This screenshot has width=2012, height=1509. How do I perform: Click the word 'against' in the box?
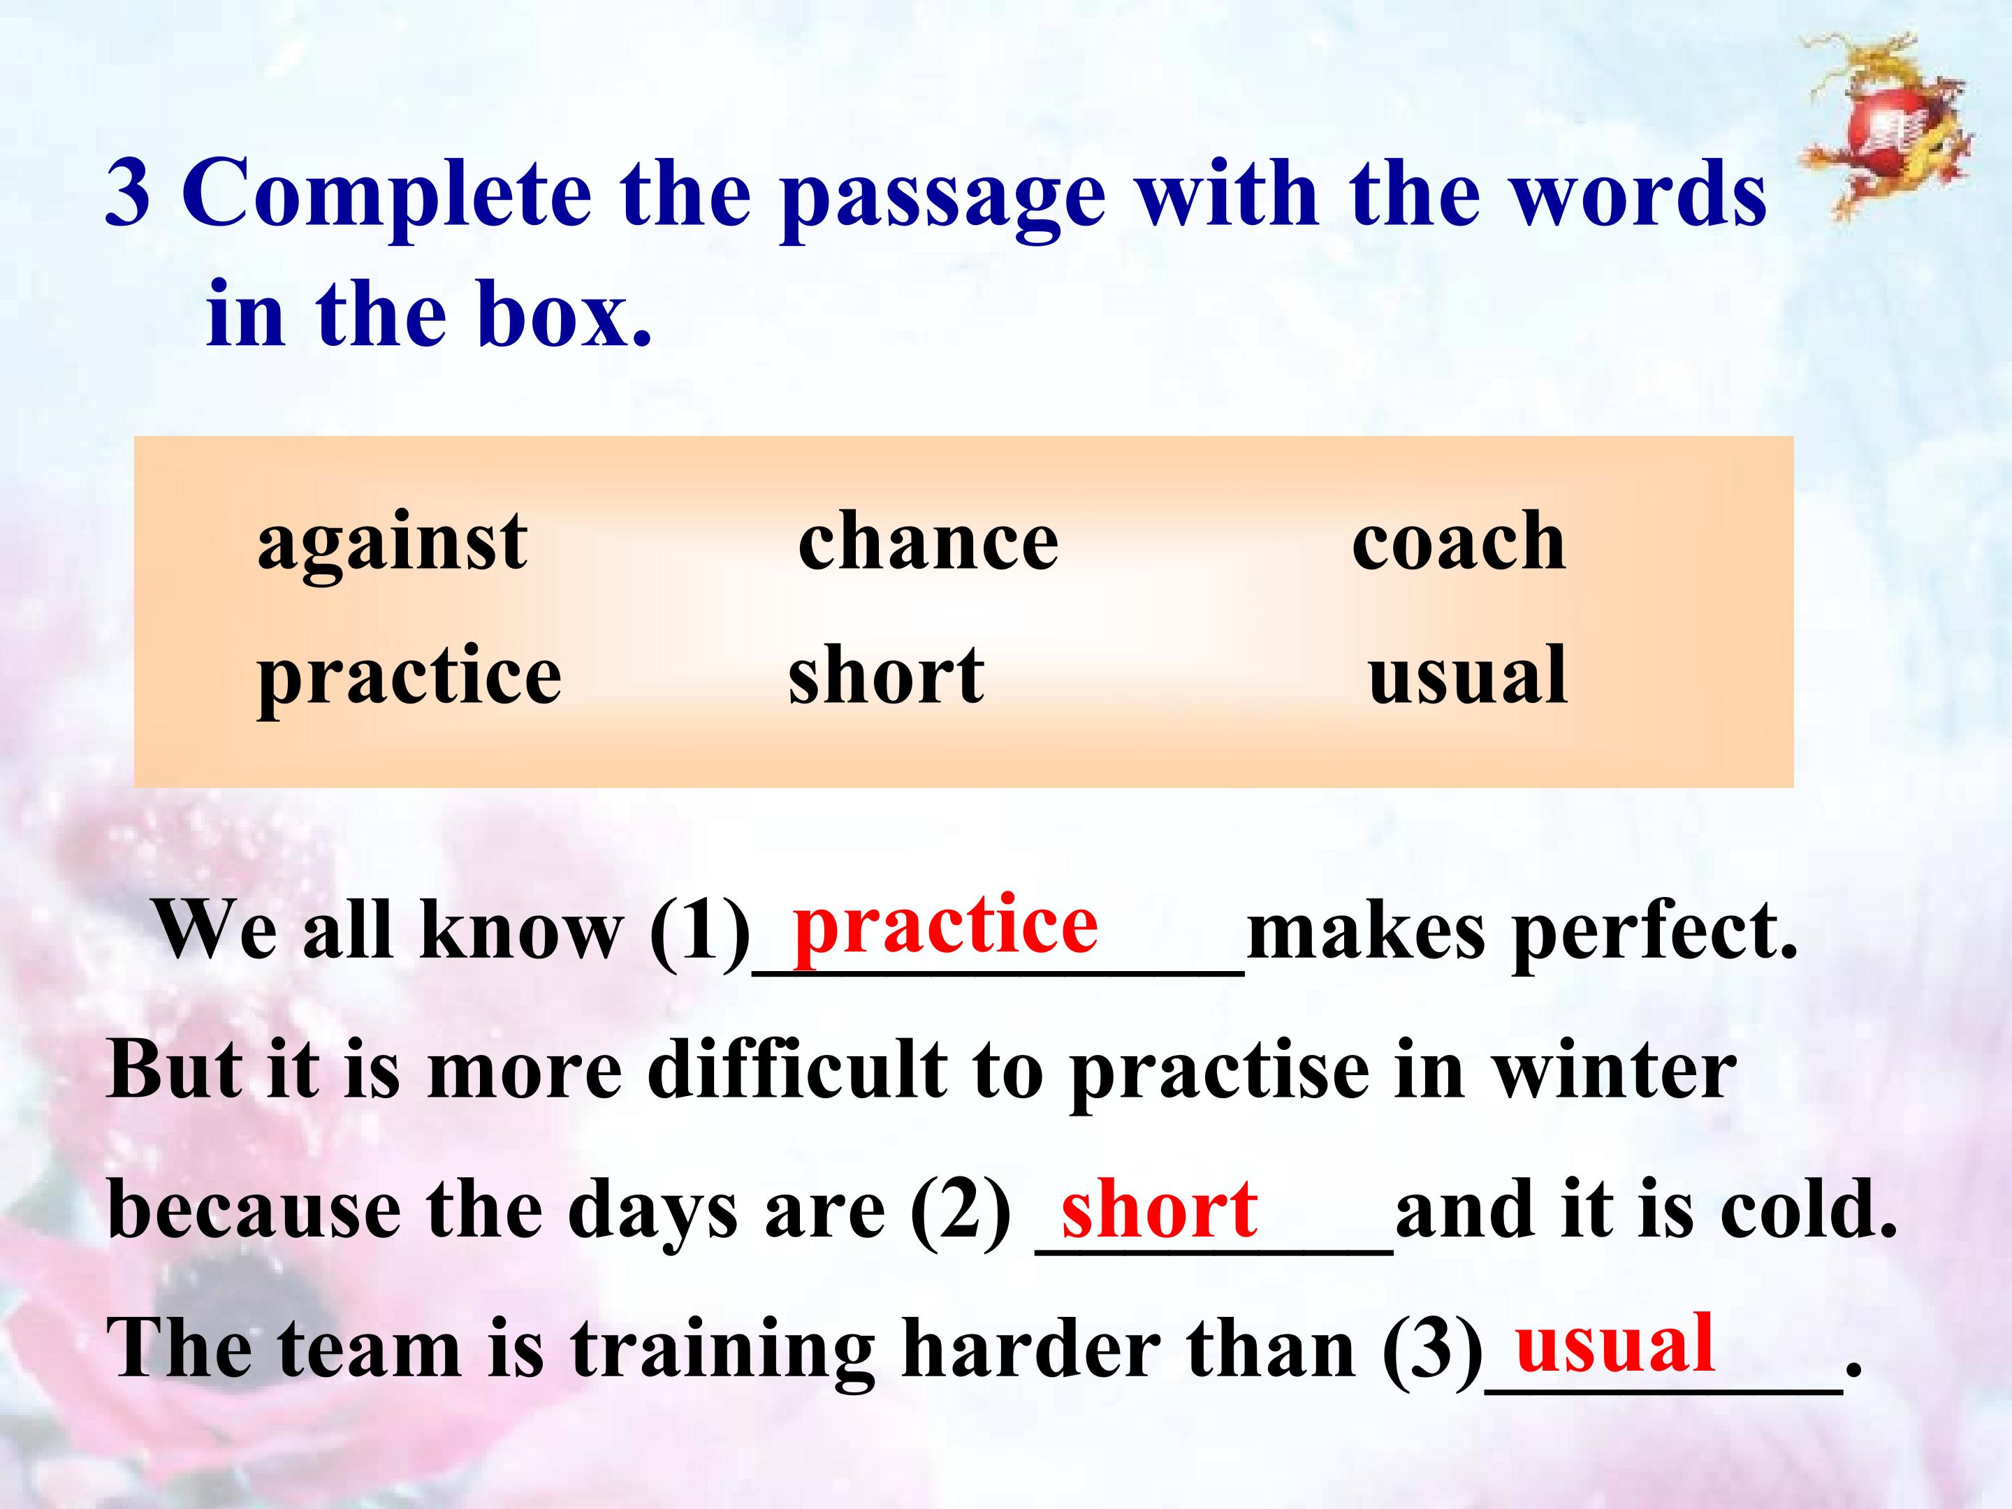392,544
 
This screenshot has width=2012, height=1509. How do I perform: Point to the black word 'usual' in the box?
1468,676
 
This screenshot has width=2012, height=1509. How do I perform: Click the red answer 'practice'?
945,928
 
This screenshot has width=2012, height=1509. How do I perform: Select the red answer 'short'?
1160,1208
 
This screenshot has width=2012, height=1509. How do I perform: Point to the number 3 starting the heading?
127,193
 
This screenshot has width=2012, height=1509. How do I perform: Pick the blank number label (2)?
961,1211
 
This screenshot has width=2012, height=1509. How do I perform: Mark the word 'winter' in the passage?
1614,1070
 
